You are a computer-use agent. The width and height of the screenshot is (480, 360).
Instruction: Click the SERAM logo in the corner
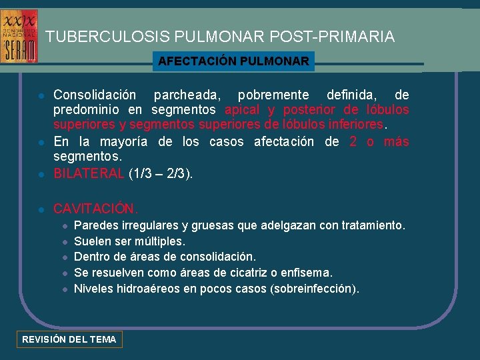point(19,36)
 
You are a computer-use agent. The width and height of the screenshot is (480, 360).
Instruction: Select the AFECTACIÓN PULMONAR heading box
point(233,62)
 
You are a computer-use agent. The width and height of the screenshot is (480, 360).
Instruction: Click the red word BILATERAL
point(89,174)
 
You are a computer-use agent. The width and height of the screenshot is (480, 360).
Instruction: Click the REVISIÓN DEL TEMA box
point(69,339)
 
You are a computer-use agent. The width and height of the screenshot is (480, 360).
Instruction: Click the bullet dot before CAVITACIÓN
point(41,209)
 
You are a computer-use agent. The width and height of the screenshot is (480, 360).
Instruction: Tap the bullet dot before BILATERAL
point(41,175)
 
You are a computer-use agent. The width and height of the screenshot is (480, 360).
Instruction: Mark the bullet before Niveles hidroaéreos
point(65,289)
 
